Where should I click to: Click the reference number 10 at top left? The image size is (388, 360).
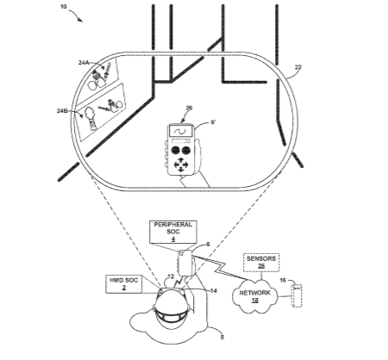[64, 6]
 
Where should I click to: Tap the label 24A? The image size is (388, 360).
[84, 62]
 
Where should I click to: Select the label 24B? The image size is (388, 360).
[62, 110]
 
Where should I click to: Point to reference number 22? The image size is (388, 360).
[298, 67]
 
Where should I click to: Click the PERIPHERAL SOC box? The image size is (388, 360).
[173, 232]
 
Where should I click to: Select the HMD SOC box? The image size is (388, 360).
[124, 284]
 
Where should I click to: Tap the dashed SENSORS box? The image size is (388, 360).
[261, 263]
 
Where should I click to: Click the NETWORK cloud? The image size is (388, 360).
[254, 296]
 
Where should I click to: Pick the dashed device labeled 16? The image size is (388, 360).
[297, 295]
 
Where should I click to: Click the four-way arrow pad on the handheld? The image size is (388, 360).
[181, 164]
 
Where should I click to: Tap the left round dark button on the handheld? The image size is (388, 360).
[175, 150]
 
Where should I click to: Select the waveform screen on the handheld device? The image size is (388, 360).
[181, 131]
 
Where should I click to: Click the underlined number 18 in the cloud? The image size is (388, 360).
[254, 301]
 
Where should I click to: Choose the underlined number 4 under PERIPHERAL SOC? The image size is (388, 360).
[173, 239]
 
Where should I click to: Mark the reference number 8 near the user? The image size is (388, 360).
[222, 337]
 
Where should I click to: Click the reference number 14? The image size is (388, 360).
[213, 291]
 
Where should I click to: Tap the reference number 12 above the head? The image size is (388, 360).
[171, 276]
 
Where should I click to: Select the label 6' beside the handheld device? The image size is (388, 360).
[213, 122]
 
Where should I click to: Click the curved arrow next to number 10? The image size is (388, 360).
[76, 15]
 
